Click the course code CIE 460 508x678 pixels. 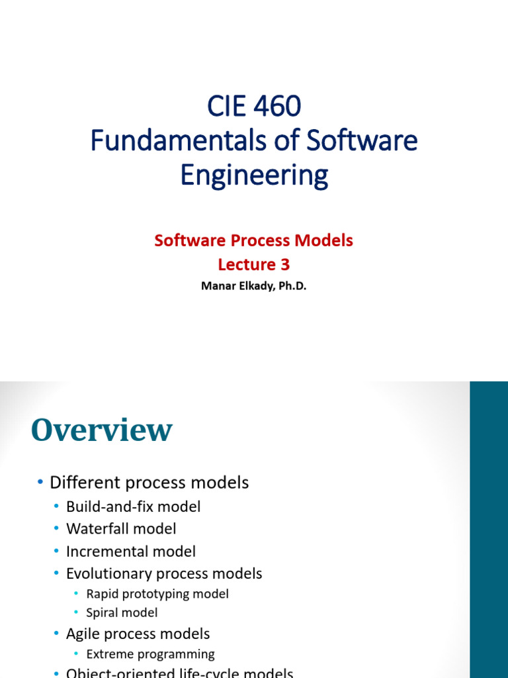(254, 105)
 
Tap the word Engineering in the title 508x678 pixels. (254, 175)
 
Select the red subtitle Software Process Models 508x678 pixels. (254, 240)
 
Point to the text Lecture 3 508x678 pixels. (254, 265)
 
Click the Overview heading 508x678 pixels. (101, 430)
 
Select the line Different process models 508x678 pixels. (149, 483)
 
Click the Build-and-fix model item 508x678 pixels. (133, 507)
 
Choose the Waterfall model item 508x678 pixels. (121, 529)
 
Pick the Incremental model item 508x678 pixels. (131, 552)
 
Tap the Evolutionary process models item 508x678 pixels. (164, 573)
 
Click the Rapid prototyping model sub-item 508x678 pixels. (157, 594)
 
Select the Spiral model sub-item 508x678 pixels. (122, 613)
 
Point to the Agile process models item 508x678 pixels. (138, 634)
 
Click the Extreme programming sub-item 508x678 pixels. (150, 654)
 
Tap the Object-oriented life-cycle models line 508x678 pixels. (179, 673)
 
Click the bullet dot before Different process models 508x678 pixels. (40, 483)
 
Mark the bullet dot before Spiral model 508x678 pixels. (77, 613)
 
